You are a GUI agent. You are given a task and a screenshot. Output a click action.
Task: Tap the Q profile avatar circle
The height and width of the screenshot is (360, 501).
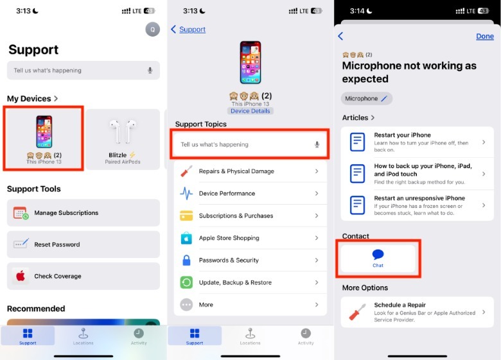click(x=153, y=30)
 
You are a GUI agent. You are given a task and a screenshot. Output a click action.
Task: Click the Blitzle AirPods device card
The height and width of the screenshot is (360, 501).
click(x=123, y=139)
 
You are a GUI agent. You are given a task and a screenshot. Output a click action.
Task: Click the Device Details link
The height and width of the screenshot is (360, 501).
click(x=251, y=111)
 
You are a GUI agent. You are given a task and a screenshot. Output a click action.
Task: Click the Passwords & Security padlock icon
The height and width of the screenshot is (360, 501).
click(x=186, y=260)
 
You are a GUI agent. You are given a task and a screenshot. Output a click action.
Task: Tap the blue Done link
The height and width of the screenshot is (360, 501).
click(x=485, y=37)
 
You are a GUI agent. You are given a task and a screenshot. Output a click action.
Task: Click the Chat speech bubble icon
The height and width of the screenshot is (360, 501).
click(x=378, y=254)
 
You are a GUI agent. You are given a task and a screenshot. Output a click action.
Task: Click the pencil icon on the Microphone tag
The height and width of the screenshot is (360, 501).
click(x=384, y=99)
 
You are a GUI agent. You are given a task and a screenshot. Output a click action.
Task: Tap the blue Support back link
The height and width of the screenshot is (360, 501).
click(x=192, y=30)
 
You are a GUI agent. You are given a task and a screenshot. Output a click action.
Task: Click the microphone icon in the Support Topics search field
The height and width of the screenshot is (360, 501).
click(x=317, y=144)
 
